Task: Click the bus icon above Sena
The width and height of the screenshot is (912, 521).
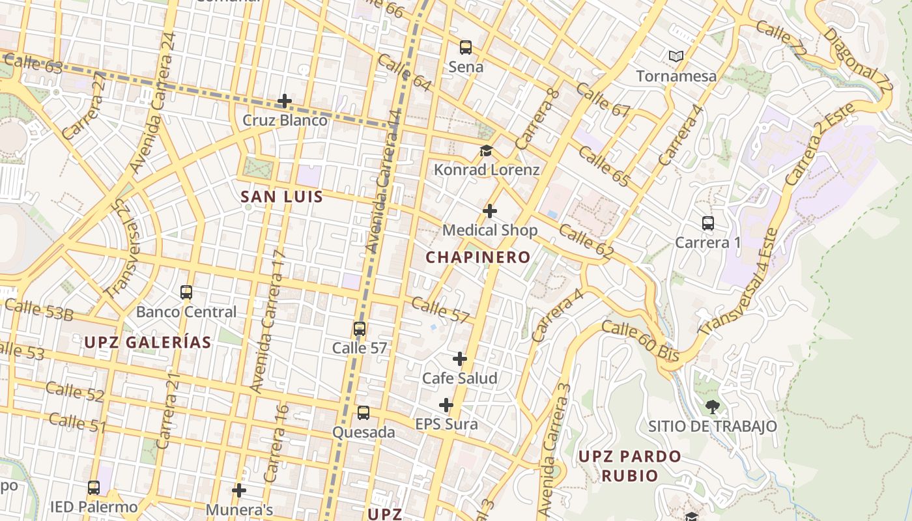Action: click(465, 47)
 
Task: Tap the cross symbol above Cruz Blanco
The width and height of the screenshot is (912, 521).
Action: click(284, 101)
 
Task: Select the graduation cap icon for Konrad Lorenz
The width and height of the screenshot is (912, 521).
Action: click(486, 151)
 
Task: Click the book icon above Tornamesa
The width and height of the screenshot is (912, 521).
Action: click(676, 57)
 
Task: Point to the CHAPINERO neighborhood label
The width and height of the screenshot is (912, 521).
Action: click(477, 257)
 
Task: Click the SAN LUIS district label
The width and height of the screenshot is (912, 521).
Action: click(281, 197)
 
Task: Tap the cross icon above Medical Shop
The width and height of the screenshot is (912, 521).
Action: click(490, 211)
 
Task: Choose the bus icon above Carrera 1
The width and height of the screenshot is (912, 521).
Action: click(708, 223)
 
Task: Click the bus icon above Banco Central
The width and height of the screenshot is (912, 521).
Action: click(186, 292)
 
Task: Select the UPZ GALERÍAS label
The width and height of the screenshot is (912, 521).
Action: click(148, 343)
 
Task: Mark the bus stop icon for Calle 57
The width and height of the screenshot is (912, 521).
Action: click(360, 329)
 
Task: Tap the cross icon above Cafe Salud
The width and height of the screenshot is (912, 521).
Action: click(460, 359)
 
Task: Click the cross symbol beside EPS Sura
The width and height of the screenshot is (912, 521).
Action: click(446, 406)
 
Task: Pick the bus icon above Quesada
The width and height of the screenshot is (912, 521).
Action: click(363, 413)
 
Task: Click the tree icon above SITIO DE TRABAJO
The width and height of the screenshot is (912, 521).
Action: click(712, 407)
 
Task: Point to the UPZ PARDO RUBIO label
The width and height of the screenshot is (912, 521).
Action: click(629, 466)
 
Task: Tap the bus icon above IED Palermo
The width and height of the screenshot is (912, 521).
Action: click(94, 488)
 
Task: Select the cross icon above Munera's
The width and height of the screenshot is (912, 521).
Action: click(239, 490)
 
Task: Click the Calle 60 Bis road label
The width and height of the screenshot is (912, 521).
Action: click(640, 341)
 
